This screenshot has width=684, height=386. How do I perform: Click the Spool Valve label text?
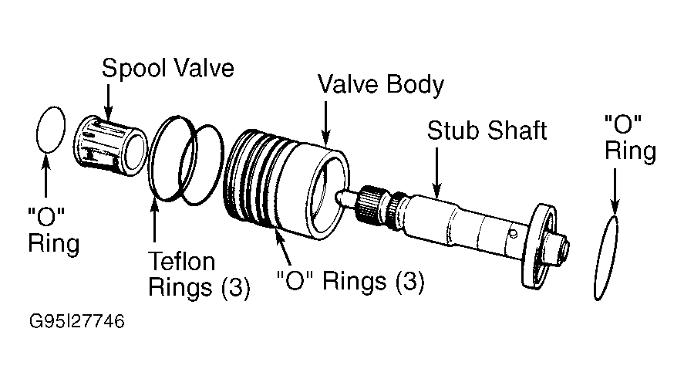(168, 69)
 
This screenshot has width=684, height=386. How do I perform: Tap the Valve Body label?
(381, 84)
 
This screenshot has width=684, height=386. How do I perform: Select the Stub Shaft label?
(487, 130)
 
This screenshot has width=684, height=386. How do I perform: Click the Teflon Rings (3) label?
(199, 275)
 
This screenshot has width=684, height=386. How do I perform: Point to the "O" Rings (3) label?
(351, 280)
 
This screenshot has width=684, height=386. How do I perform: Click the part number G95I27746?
(77, 321)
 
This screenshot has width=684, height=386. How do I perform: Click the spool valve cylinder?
(110, 146)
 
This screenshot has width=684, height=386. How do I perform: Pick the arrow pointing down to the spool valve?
(108, 101)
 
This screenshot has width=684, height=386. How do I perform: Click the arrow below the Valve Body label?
(326, 124)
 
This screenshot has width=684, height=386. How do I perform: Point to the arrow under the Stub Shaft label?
(437, 174)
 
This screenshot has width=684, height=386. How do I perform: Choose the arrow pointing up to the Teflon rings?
(154, 221)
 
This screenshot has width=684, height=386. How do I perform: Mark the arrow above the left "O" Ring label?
(45, 175)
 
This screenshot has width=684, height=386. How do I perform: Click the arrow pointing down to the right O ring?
(615, 192)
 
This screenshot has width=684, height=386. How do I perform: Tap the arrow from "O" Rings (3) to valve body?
(282, 247)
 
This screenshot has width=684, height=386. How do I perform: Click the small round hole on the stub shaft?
(514, 234)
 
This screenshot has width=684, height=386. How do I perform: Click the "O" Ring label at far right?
(630, 139)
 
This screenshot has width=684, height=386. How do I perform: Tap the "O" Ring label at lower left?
(54, 231)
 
